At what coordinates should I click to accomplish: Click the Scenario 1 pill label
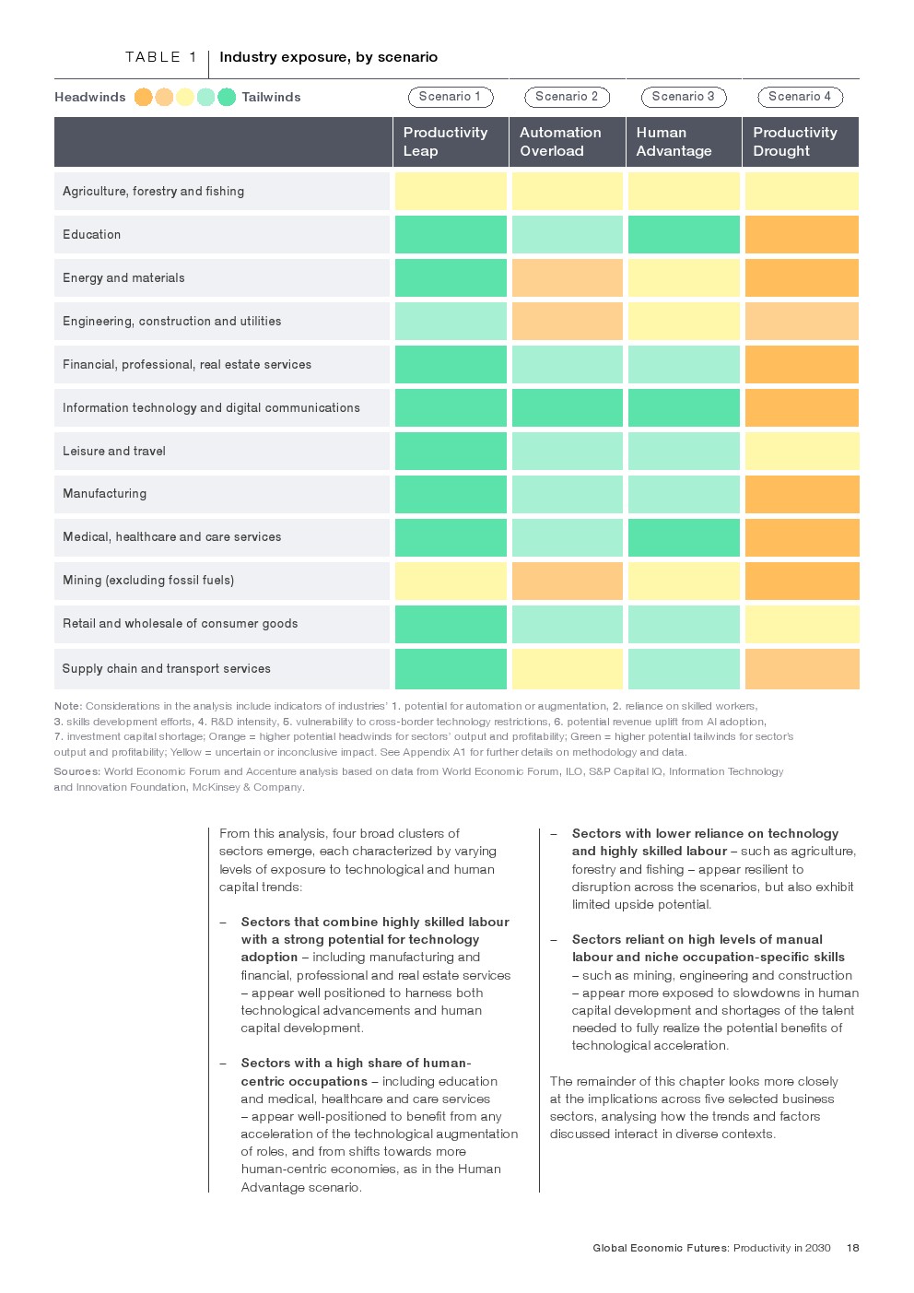[x=451, y=97]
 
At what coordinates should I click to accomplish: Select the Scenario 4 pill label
[x=800, y=97]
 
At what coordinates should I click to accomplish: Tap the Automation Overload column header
[x=560, y=142]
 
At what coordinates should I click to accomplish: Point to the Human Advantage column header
[x=674, y=142]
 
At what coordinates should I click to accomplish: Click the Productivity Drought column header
[x=794, y=142]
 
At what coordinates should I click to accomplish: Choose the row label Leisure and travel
[x=114, y=452]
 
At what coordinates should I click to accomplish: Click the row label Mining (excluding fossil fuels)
[x=148, y=581]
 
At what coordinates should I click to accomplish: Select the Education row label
[x=92, y=235]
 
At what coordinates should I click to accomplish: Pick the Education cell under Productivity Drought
[x=802, y=235]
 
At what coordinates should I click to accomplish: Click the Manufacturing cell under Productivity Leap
[x=451, y=495]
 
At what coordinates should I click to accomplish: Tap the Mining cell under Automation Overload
[x=568, y=582]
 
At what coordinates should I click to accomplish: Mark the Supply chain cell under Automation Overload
[x=568, y=669]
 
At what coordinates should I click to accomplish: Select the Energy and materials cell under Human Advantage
[x=684, y=278]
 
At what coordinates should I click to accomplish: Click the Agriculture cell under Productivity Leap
[x=451, y=192]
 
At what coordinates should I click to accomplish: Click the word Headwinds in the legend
[x=90, y=98]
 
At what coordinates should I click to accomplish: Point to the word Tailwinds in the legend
[x=271, y=98]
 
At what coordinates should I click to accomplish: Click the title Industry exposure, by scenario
[x=328, y=57]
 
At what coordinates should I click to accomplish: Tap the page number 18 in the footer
[x=853, y=1248]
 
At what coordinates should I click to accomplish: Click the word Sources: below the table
[x=77, y=771]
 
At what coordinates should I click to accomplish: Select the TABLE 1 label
[x=161, y=57]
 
